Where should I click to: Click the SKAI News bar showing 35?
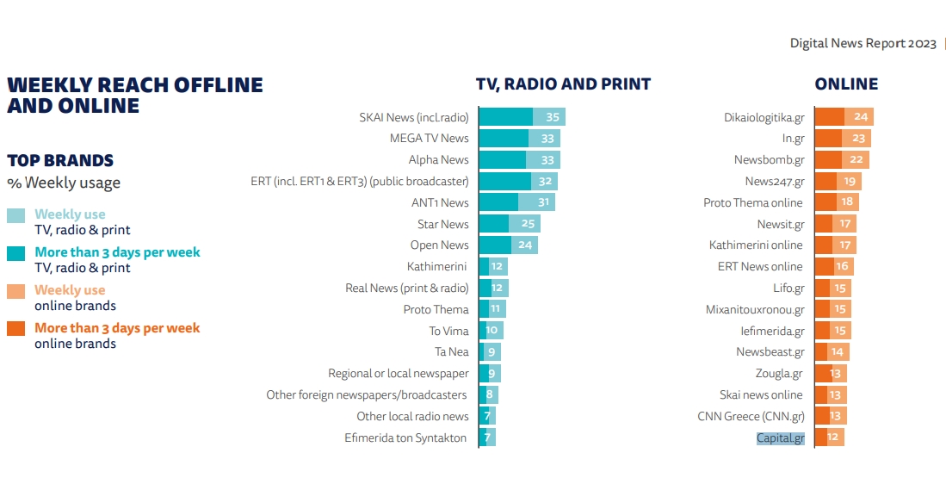pos(521,117)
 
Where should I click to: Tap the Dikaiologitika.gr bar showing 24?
pos(843,117)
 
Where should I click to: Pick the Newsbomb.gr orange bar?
pos(841,160)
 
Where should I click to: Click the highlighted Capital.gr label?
pos(780,438)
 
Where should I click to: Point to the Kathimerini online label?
pos(755,245)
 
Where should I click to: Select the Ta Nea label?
pos(451,352)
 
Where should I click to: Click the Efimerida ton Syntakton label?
pos(405,438)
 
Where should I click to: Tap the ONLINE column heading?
pos(846,84)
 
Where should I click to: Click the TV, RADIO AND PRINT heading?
pos(563,84)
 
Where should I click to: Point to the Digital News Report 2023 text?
pos(863,44)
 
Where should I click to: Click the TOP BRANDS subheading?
pos(60,161)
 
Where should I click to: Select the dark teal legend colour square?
pos(16,253)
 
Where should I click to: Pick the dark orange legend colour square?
pos(16,329)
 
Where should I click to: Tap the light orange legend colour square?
pos(16,291)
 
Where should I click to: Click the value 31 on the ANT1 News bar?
pos(542,202)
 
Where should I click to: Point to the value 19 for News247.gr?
pos(849,182)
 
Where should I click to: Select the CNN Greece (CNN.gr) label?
pos(751,417)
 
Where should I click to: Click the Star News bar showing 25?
pos(509,224)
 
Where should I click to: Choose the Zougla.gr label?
pos(778,374)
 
